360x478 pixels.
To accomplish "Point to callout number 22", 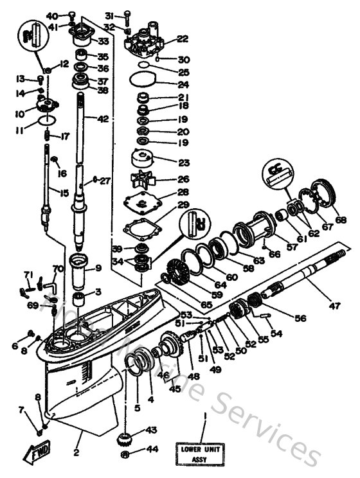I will (x=183, y=39).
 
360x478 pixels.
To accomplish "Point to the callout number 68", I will (x=340, y=219).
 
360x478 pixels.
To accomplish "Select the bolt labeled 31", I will (x=128, y=15).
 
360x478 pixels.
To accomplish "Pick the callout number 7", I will (x=22, y=408).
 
